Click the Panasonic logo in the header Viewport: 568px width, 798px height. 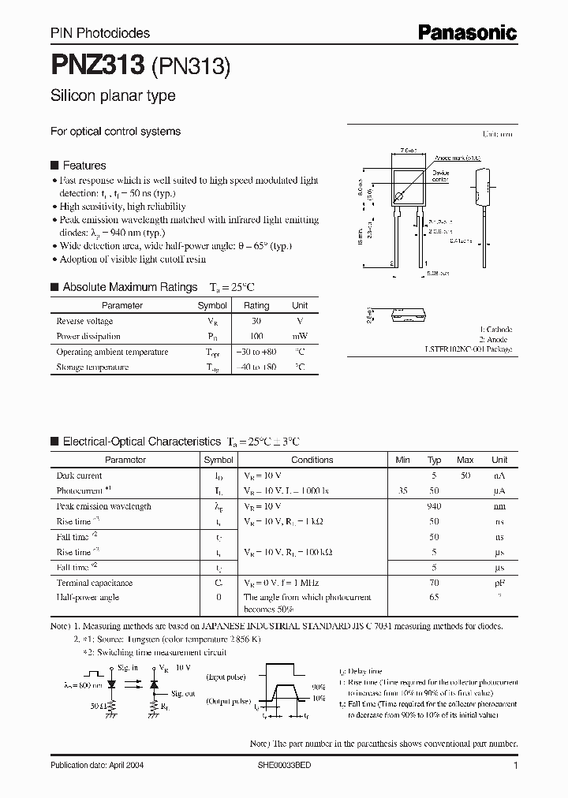[x=467, y=32]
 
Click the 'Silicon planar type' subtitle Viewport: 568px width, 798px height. [x=113, y=96]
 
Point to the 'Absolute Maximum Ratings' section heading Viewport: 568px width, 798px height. [x=129, y=287]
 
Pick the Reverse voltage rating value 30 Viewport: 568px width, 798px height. [x=256, y=321]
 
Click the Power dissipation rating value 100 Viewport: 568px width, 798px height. [x=256, y=336]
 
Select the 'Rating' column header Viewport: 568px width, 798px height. [x=256, y=305]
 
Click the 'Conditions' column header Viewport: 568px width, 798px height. [x=312, y=460]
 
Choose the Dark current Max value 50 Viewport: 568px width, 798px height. [x=465, y=475]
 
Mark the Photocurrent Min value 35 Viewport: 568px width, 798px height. [x=403, y=490]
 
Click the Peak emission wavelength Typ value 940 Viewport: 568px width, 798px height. [x=434, y=506]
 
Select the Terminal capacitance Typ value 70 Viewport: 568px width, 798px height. [x=434, y=583]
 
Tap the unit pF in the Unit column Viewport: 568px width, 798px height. [x=499, y=583]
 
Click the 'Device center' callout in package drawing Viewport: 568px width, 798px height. [x=440, y=177]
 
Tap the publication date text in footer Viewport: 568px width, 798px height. [x=97, y=766]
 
